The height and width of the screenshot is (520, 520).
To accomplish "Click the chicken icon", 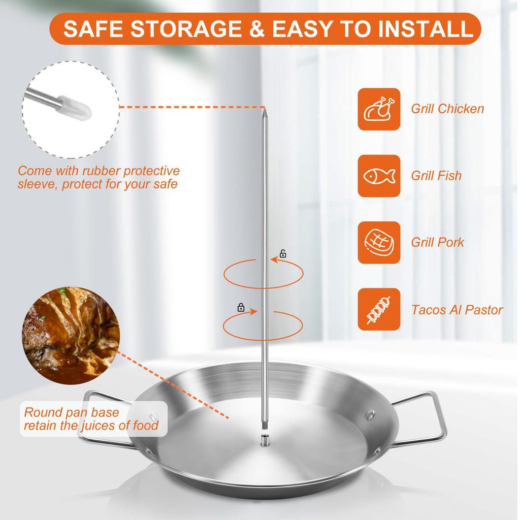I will coord(379,109).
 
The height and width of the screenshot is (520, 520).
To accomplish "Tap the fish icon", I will coord(379,176).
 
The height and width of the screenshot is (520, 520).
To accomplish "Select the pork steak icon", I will coord(379,243).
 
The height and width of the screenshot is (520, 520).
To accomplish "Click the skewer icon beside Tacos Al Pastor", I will coord(379,309).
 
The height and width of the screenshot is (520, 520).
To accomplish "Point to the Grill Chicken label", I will coord(447,109).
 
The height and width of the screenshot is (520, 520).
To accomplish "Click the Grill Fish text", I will coord(436,176).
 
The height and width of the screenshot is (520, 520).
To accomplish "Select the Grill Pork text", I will coord(437,242).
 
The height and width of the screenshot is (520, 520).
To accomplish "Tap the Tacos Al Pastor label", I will coord(457,310).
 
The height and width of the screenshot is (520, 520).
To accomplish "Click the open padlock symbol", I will coord(283,253).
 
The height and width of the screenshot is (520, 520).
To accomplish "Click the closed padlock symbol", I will coord(241,307).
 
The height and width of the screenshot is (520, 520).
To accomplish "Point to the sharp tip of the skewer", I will coord(265,108).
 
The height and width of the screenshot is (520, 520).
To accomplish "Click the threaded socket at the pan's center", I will coord(265,439).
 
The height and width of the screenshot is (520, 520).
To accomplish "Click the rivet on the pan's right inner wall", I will coord(370,415).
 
